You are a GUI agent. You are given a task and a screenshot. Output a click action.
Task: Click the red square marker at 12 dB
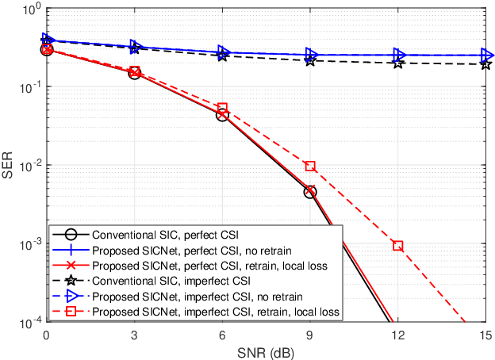(398, 246)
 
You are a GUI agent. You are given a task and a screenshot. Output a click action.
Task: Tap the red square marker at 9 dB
(310, 167)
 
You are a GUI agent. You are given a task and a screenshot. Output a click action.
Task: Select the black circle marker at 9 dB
(310, 192)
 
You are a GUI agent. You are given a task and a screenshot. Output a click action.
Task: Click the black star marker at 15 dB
(485, 64)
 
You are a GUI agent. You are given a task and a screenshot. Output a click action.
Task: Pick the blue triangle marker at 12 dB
(398, 56)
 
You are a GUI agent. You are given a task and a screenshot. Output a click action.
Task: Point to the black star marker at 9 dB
(310, 60)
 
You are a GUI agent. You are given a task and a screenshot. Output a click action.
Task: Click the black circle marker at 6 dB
(222, 115)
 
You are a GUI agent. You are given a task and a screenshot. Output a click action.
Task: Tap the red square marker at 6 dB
(222, 108)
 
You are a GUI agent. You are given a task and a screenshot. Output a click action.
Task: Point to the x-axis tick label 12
(398, 335)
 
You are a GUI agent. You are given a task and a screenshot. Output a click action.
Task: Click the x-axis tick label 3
(134, 335)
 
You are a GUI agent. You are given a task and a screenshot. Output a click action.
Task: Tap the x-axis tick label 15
(485, 335)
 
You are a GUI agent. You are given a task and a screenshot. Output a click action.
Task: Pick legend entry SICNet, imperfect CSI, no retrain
(190, 297)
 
